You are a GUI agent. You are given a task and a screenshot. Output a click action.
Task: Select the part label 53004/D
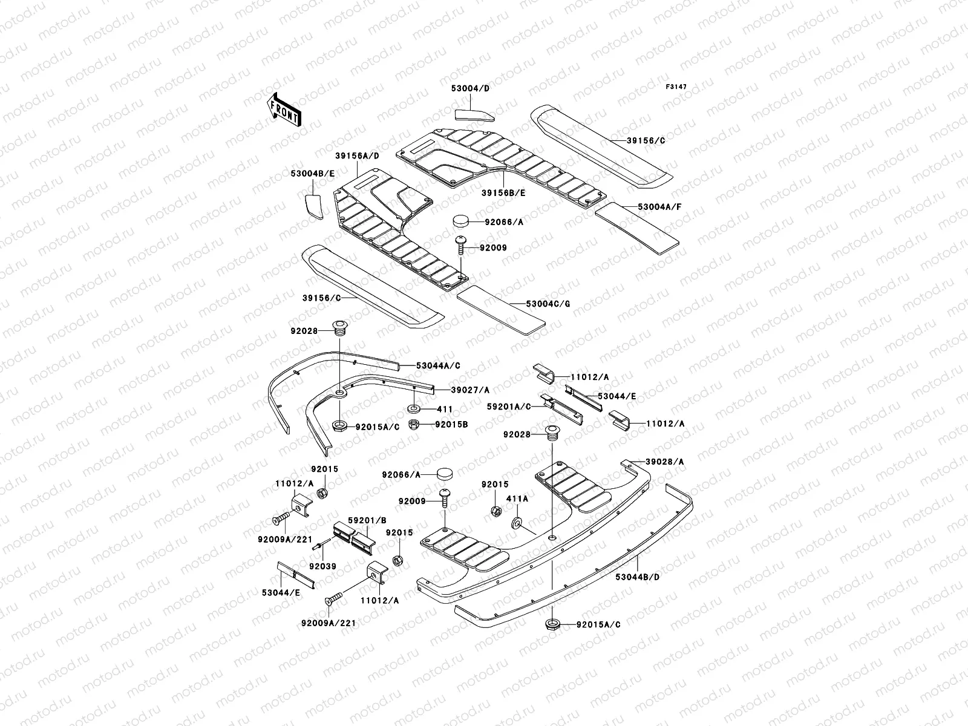[x=470, y=88]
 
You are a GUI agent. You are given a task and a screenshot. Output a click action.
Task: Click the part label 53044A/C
[x=438, y=365]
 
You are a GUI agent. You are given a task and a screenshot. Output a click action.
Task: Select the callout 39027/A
[x=470, y=390]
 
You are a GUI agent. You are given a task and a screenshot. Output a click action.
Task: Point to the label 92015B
[x=451, y=424]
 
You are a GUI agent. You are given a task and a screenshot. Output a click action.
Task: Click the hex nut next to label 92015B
[x=415, y=423]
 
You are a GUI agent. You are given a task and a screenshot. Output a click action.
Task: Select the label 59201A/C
[x=511, y=406]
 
